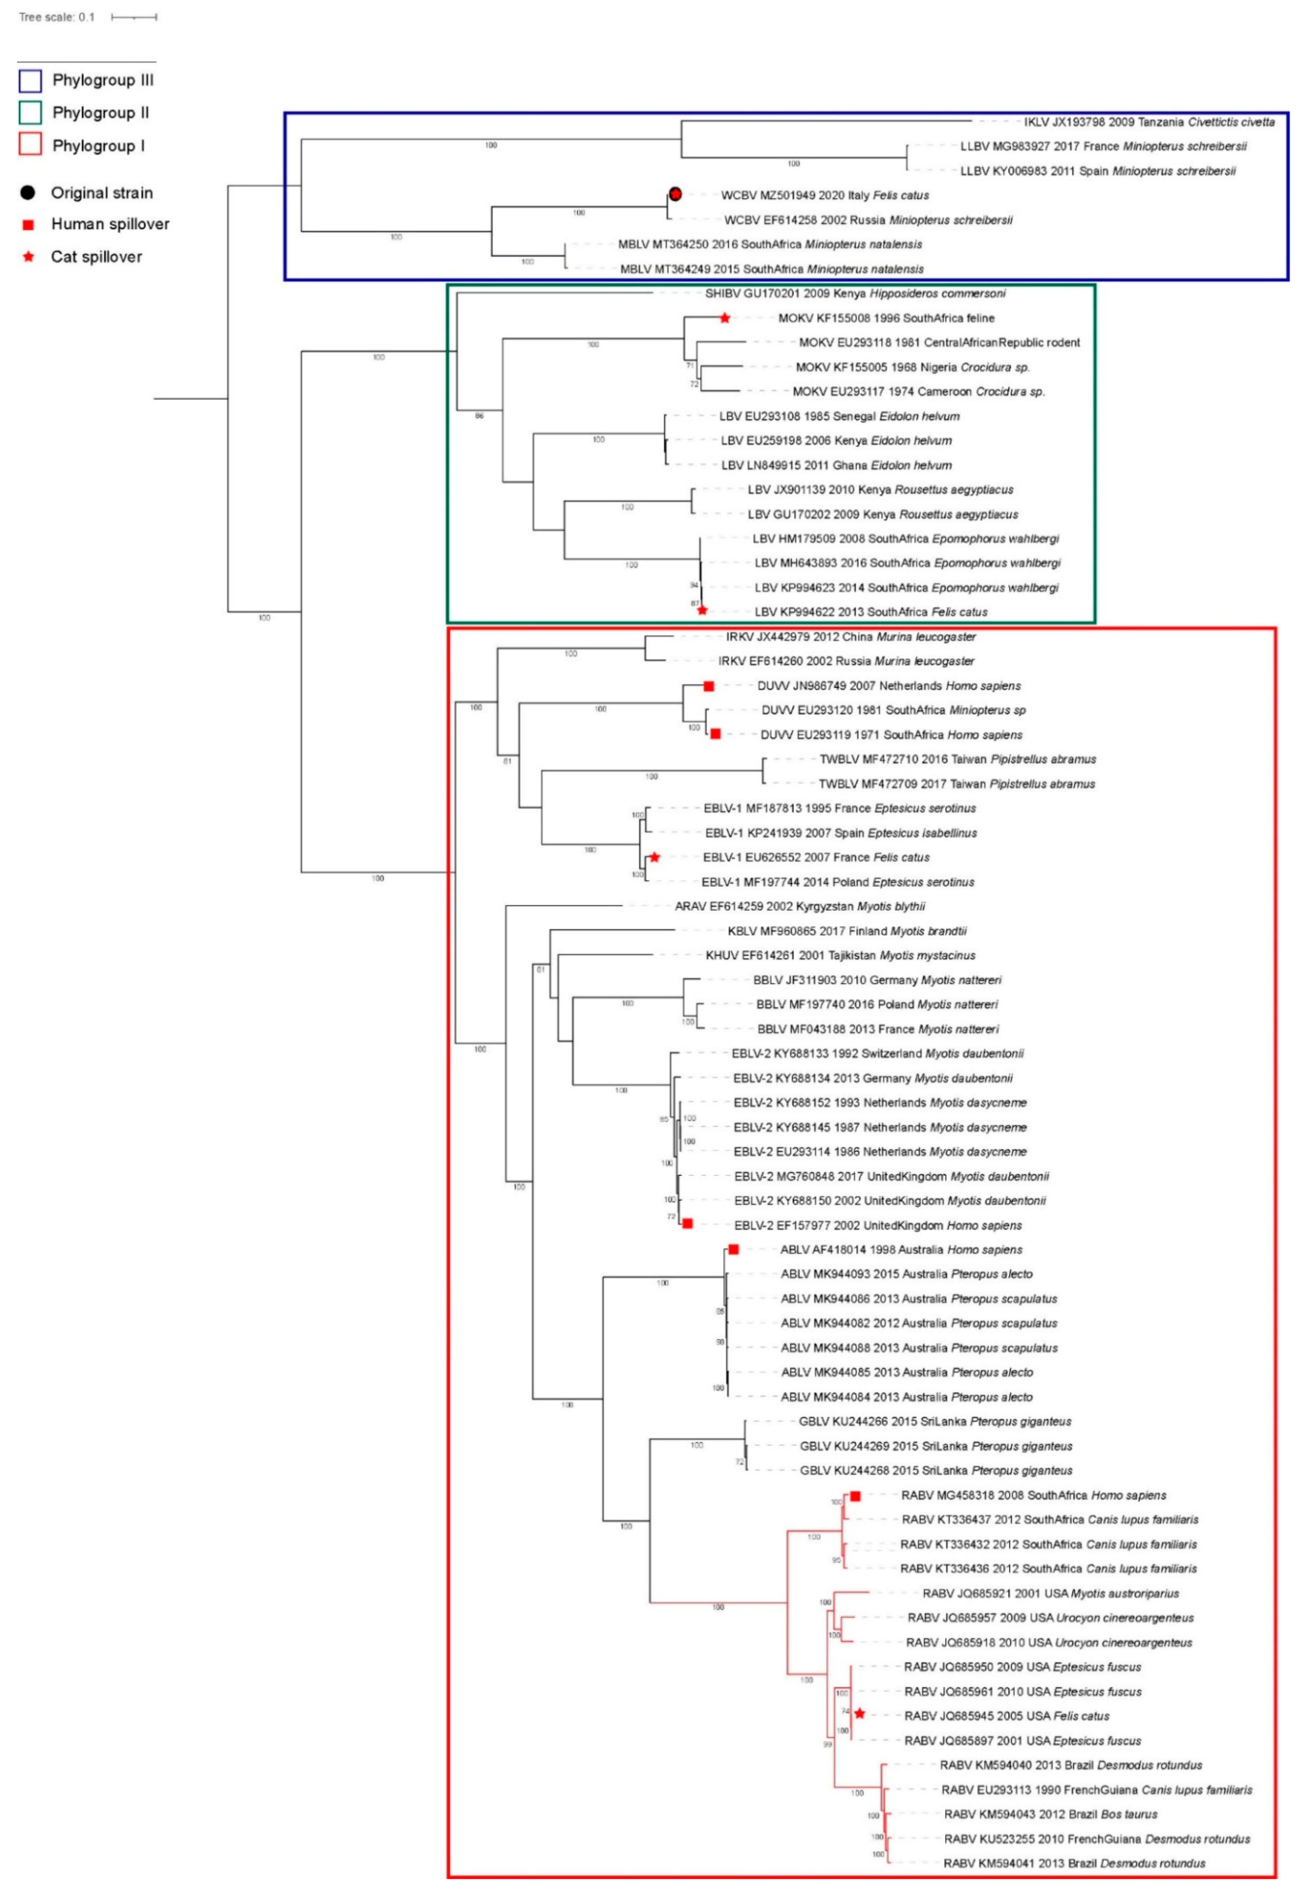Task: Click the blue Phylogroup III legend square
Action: tap(30, 80)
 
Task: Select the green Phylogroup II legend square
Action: tap(30, 113)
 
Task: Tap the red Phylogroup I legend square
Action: tap(30, 145)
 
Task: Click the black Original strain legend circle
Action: tap(29, 193)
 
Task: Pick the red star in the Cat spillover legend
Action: tap(29, 257)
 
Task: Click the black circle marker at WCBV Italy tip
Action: tap(675, 194)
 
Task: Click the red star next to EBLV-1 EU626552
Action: tap(654, 857)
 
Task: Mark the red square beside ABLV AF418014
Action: tap(734, 1250)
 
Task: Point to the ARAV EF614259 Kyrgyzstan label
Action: tap(799, 906)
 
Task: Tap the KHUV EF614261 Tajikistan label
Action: tap(840, 956)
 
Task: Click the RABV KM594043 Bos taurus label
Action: tap(1050, 1815)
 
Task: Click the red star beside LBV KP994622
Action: tap(702, 610)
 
